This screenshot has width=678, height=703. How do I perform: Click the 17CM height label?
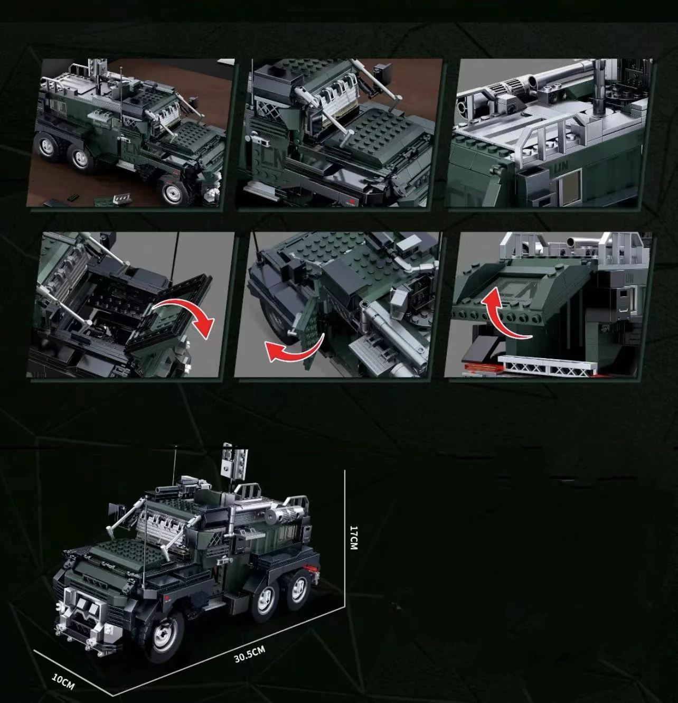click(x=354, y=537)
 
